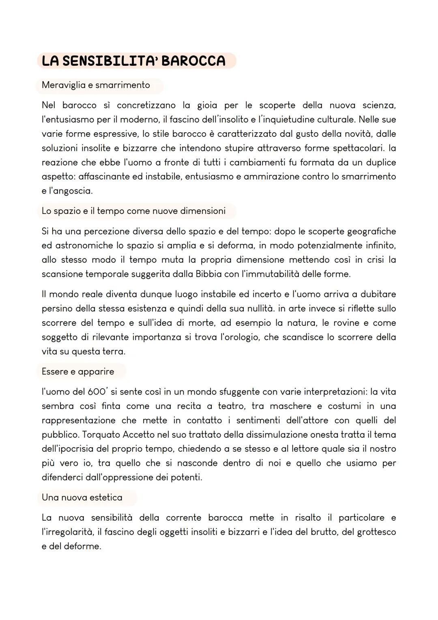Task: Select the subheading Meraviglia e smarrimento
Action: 96,85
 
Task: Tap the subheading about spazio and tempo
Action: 133,211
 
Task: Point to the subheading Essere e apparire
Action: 78,372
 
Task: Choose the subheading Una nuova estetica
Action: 82,497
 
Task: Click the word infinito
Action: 377,245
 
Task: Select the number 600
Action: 97,392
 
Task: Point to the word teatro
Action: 231,406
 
